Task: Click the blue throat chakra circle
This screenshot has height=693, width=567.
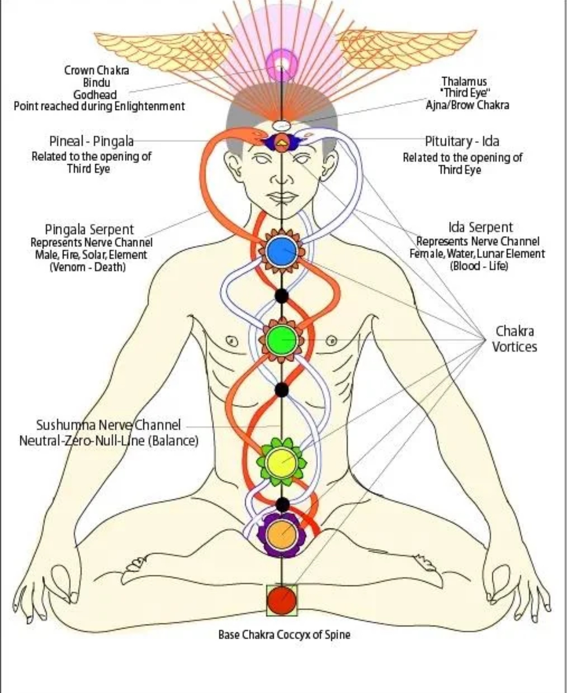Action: point(282,251)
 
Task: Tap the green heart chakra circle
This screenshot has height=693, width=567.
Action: point(282,339)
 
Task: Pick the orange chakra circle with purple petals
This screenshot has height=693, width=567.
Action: point(282,534)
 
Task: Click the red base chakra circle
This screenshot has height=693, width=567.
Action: point(282,600)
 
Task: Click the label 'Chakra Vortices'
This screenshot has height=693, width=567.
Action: point(514,339)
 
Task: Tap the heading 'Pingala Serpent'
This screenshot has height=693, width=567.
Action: point(89,229)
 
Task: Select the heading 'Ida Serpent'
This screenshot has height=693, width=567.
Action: point(480,227)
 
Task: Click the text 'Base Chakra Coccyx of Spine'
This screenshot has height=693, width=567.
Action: point(284,634)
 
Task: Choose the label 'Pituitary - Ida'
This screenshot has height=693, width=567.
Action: point(462,141)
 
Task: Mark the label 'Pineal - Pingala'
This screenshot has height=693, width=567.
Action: point(91,141)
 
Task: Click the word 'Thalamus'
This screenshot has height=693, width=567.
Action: point(464,81)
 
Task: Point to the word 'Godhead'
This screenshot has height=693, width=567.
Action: point(95,94)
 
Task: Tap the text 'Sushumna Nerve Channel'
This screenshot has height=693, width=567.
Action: point(108,425)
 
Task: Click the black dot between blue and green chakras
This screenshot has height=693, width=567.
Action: point(282,295)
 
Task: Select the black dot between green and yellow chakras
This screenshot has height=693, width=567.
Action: point(282,389)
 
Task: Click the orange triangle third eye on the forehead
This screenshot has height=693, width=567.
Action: point(282,141)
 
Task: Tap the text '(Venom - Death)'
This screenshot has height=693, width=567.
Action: point(88,267)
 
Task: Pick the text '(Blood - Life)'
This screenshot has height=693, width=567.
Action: point(479,265)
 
